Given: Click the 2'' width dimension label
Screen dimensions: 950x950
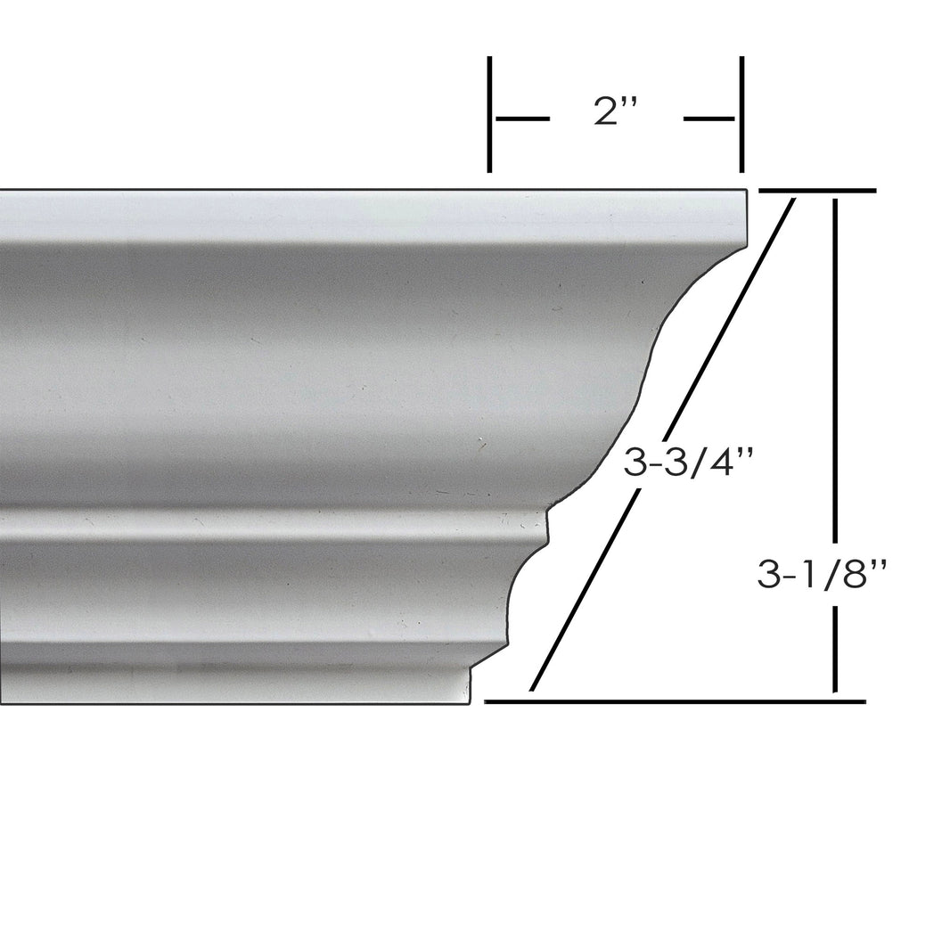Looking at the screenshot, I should click(x=616, y=114).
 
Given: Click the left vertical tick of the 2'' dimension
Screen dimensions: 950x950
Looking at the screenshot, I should click(x=489, y=114).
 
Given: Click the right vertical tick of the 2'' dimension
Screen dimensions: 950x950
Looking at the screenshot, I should click(x=741, y=114).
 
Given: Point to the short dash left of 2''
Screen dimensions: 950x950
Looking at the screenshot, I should click(x=522, y=118).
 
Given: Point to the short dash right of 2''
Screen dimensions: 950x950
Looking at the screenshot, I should click(x=709, y=118).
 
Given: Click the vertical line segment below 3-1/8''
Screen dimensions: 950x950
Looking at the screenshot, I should click(x=835, y=651).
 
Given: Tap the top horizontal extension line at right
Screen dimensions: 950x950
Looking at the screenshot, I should click(x=816, y=191).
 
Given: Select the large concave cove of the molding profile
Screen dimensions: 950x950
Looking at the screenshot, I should click(x=659, y=356).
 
